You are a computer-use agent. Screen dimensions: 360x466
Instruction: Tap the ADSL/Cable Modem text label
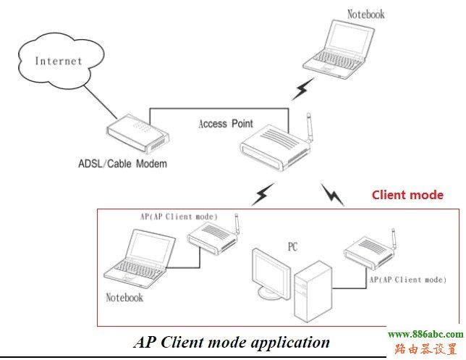pyautogui.click(x=122, y=164)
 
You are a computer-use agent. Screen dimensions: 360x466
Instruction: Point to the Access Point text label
pyautogui.click(x=225, y=124)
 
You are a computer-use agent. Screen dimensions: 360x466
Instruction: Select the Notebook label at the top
pyautogui.click(x=365, y=14)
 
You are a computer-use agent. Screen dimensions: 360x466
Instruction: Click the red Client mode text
pyautogui.click(x=407, y=195)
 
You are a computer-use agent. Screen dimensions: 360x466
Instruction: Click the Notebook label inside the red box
pyautogui.click(x=124, y=297)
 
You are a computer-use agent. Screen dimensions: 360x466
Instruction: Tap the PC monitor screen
pyautogui.click(x=273, y=272)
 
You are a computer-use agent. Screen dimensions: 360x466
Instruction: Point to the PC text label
pyautogui.click(x=292, y=246)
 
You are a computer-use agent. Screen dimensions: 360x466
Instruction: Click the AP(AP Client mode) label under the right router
pyautogui.click(x=407, y=279)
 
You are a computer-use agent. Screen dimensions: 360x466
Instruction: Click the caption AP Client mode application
pyautogui.click(x=232, y=342)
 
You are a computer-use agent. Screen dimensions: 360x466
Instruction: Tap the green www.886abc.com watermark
pyautogui.click(x=425, y=335)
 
